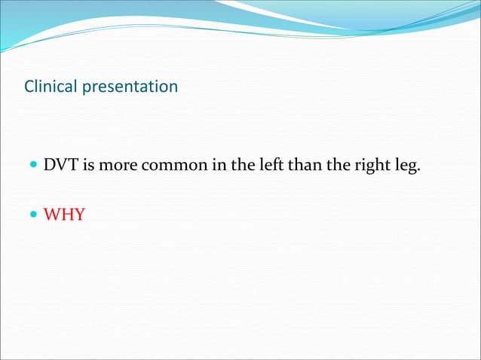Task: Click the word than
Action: [305, 164]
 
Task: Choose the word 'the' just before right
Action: [339, 164]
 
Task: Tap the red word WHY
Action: [64, 215]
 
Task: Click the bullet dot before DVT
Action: [32, 165]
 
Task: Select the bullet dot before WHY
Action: [32, 216]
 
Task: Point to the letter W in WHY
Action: [51, 215]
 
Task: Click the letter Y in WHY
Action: [78, 215]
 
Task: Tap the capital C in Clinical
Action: [29, 87]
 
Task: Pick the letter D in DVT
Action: [50, 164]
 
